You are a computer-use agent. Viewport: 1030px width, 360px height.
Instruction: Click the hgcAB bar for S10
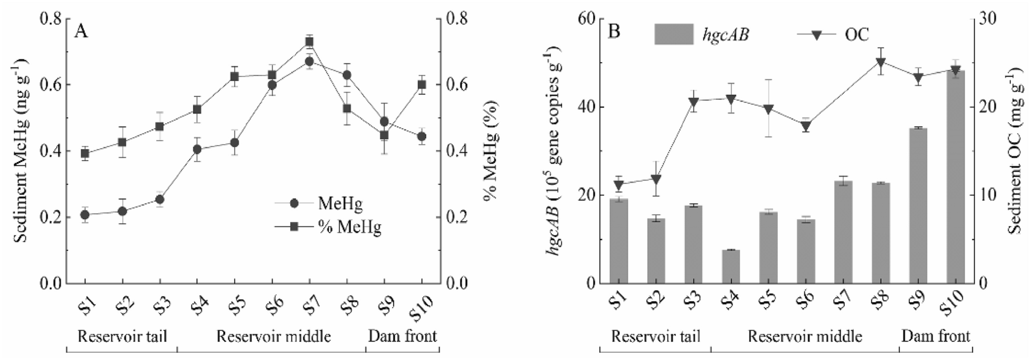pos(956,177)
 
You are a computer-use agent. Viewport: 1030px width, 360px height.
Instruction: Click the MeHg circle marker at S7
pos(310,62)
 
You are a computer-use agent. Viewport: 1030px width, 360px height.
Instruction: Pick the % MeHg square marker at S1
pos(85,153)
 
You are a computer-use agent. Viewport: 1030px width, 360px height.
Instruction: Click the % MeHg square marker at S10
pos(422,85)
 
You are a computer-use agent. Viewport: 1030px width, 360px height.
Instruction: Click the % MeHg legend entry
pos(336,227)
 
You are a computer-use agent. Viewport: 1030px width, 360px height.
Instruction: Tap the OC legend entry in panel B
pos(832,35)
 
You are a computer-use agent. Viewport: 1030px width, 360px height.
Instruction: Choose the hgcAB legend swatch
pos(674,34)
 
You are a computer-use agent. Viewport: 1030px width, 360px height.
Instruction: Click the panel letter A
pos(81,32)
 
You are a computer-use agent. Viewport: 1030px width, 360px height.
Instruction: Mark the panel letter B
pos(614,32)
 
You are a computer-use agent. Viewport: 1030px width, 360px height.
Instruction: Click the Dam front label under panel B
pos(935,336)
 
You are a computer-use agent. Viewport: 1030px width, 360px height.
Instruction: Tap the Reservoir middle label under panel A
pos(274,336)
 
